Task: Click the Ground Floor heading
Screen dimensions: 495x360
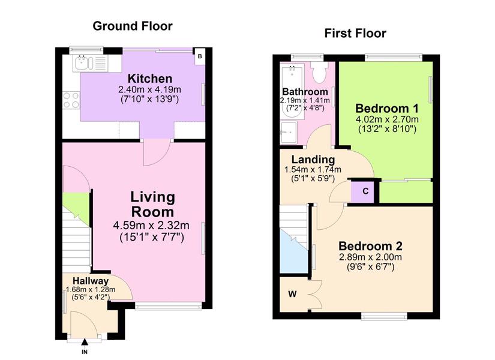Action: pos(133,26)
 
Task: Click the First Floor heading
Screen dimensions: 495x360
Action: pos(355,33)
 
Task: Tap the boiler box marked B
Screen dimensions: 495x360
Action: pos(200,56)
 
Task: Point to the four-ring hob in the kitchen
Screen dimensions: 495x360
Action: pos(71,100)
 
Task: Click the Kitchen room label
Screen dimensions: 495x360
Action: pos(150,79)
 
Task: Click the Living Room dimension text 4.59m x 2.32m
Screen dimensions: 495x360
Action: pos(151,225)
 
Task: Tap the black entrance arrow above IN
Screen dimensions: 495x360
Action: pos(85,343)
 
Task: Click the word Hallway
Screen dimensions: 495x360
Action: pos(91,281)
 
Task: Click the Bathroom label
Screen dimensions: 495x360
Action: pos(305,92)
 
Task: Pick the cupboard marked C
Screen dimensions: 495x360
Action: pos(363,191)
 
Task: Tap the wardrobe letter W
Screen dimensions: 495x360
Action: pos(293,294)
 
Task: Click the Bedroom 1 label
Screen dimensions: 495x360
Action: pos(387,109)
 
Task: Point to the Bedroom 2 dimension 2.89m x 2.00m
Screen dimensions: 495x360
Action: pos(370,257)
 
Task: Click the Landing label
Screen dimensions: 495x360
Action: pos(313,160)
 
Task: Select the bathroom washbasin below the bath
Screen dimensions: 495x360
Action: pos(289,133)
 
